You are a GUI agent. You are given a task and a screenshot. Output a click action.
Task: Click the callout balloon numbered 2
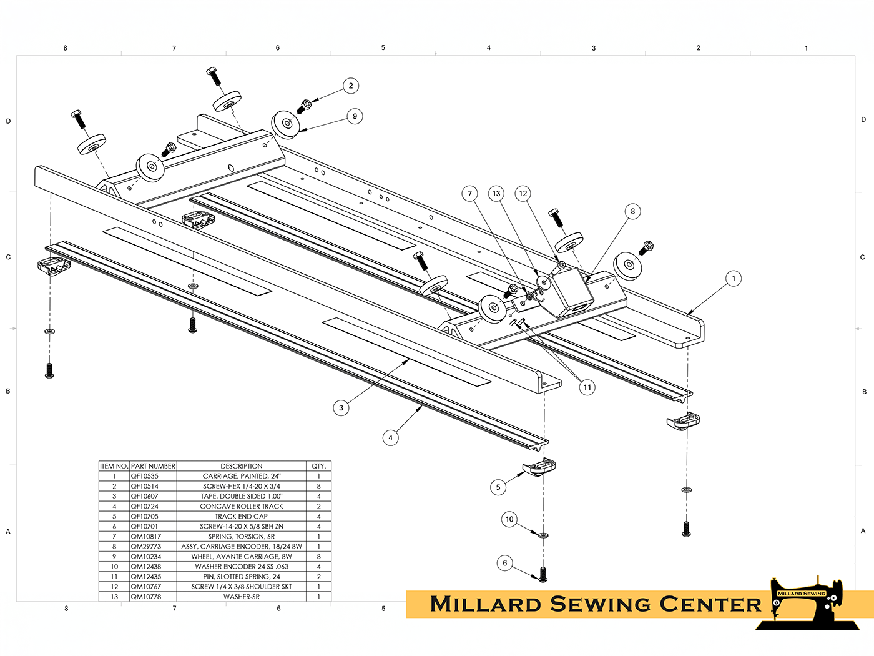tap(351, 86)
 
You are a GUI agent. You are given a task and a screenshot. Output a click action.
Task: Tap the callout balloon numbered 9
tap(355, 116)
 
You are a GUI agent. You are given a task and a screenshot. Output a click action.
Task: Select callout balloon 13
tap(496, 194)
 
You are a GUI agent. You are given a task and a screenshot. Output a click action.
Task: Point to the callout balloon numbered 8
tap(632, 211)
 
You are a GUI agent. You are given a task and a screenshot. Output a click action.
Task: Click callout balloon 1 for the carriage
tap(734, 279)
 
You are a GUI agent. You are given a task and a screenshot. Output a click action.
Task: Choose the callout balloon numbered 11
tap(587, 387)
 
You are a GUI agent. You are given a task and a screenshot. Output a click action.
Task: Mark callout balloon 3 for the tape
tap(341, 408)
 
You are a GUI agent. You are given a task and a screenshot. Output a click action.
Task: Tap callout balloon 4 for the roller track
tap(390, 438)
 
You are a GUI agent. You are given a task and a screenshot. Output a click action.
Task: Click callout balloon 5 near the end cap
tap(498, 487)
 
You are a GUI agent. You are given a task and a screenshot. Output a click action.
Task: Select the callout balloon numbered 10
tap(509, 519)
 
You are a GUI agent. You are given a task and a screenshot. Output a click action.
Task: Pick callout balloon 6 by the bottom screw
tap(505, 563)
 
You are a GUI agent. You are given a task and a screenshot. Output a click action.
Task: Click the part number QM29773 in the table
tap(146, 547)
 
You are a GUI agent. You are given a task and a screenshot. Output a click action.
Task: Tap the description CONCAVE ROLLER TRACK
tap(242, 507)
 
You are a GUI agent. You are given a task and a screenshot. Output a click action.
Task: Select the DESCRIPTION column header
tap(242, 466)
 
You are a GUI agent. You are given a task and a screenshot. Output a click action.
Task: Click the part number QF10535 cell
tap(145, 476)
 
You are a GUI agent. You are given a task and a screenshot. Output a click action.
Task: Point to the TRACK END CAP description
tap(242, 517)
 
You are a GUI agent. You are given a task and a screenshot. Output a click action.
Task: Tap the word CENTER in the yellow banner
tap(710, 605)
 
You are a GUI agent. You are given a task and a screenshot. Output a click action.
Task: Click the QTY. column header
tap(318, 466)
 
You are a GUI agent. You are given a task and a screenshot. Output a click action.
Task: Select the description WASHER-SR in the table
tap(242, 597)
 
